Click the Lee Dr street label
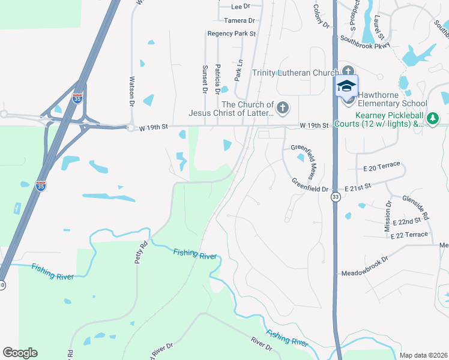(240, 7)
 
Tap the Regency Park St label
(232, 34)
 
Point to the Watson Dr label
(132, 90)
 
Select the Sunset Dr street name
(205, 80)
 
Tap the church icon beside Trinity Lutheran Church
(349, 72)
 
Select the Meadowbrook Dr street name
(364, 259)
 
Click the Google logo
(20, 353)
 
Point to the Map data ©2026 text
(423, 355)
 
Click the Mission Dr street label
(387, 216)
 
